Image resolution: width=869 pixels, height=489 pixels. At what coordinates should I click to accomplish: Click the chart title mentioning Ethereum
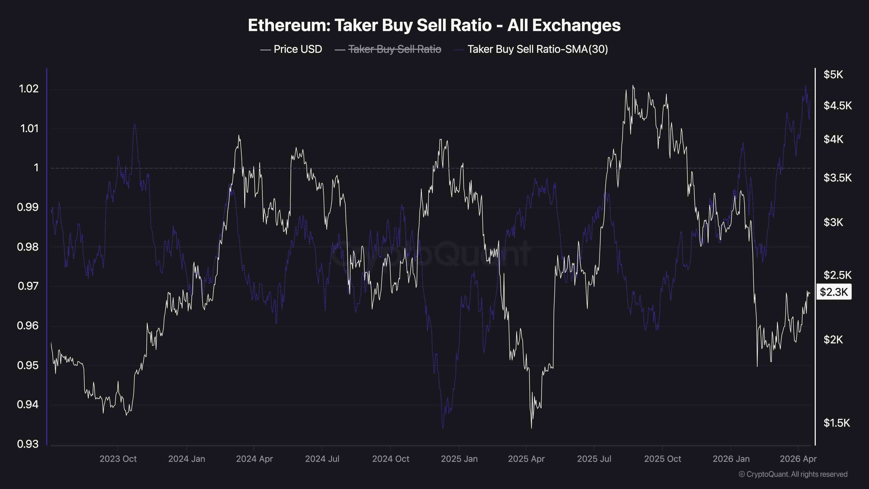click(434, 25)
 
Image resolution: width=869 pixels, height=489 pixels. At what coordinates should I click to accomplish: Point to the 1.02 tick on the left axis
click(29, 89)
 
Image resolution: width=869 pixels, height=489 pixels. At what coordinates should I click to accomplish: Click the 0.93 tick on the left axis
click(28, 444)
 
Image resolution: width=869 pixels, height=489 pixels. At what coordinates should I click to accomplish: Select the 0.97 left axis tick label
click(28, 286)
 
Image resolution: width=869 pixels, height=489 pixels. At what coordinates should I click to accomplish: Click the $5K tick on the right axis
click(833, 75)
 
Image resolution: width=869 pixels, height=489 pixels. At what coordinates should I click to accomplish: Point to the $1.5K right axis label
click(836, 423)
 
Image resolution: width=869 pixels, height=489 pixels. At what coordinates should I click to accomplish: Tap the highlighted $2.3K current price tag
click(834, 292)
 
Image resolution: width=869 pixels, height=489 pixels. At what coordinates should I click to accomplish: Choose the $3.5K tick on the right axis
click(837, 178)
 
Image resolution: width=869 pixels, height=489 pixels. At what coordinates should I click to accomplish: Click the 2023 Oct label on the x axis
click(118, 459)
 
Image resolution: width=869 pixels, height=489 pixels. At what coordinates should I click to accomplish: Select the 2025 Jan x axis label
click(459, 459)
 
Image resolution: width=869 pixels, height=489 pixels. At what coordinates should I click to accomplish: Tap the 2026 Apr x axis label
click(798, 459)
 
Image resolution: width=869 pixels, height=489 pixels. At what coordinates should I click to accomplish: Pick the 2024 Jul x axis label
click(322, 459)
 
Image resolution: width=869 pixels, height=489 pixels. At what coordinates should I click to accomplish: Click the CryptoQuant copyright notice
click(793, 474)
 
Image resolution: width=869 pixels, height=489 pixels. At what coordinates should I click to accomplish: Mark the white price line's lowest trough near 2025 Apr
click(531, 428)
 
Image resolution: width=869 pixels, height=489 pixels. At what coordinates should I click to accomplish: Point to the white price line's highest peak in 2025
click(633, 86)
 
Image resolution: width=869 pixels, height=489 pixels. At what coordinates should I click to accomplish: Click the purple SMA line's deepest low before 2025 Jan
click(443, 428)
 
